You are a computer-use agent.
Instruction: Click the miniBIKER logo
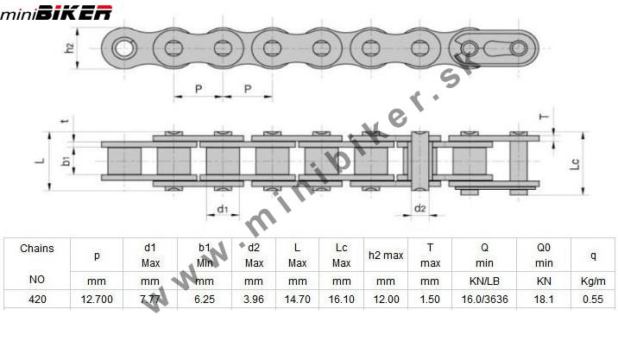[56, 13]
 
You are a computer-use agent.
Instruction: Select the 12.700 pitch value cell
[97, 300]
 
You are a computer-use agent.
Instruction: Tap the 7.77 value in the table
[150, 300]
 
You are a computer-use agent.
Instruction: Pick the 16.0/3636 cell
[484, 300]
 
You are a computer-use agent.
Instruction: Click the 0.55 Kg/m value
[593, 300]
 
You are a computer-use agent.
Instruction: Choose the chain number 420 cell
[37, 300]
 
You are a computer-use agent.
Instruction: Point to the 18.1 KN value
[544, 300]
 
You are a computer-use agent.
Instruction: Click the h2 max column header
[386, 256]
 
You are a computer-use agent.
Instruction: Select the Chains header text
[36, 249]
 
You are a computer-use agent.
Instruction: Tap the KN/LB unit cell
[484, 281]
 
